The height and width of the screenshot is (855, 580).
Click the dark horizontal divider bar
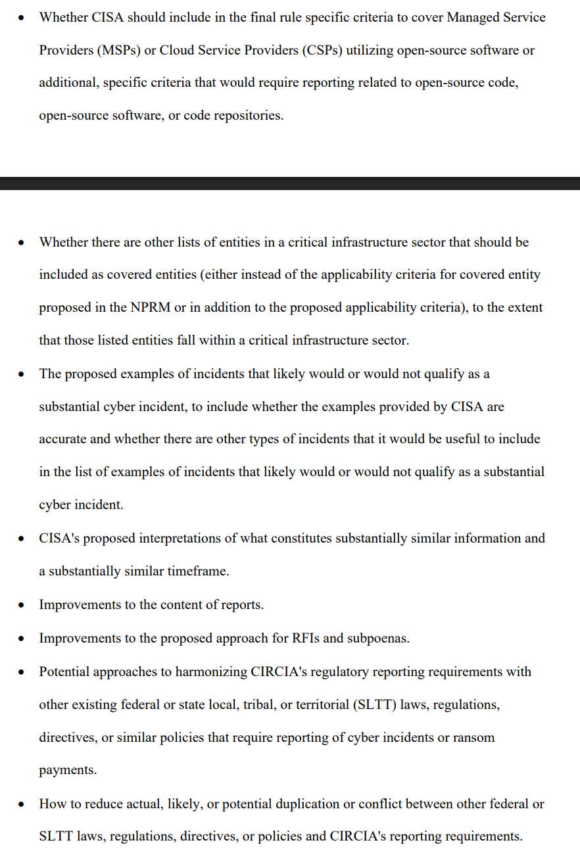pos(290,183)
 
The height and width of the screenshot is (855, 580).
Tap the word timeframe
pos(196,572)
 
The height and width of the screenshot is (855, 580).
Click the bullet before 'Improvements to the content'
pos(22,605)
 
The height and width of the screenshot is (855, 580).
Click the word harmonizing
pos(210,672)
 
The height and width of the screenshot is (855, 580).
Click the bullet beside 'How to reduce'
pos(22,804)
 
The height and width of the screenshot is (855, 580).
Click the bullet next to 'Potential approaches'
pos(22,672)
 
